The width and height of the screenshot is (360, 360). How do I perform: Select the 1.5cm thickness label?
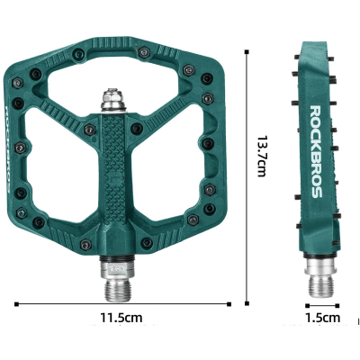point(322,318)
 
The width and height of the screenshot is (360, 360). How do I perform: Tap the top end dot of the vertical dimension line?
point(247,53)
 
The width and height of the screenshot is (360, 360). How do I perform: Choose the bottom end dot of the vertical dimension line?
point(247,303)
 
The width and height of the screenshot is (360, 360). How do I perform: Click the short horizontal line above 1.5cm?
point(321,303)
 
